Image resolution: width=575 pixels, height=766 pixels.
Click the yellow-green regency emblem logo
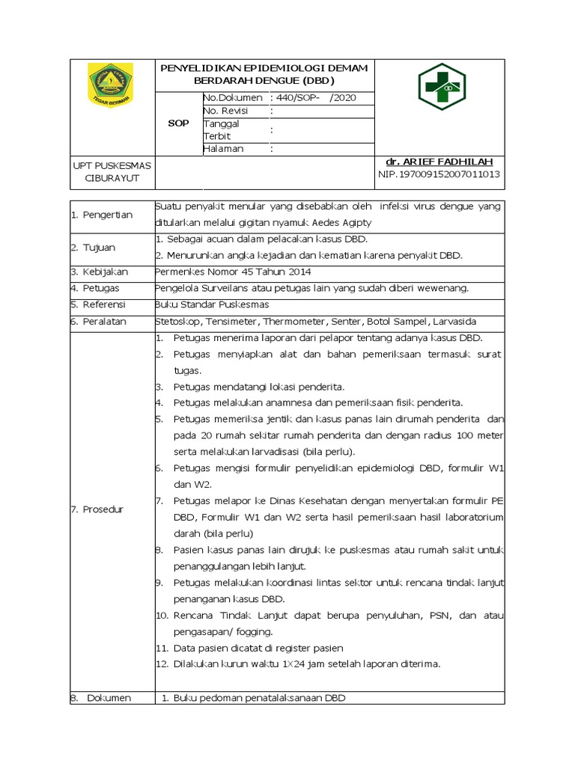[x=110, y=85]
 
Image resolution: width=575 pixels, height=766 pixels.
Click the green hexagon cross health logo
[x=441, y=88]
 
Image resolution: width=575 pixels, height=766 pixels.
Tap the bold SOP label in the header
[x=178, y=123]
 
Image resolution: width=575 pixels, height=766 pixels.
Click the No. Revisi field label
[x=225, y=111]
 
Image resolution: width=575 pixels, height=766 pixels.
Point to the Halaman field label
[x=224, y=149]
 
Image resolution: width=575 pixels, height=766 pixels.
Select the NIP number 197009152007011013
[x=439, y=174]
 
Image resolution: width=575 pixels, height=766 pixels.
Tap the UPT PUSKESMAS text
[x=112, y=165]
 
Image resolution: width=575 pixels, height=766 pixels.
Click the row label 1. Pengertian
[x=102, y=215]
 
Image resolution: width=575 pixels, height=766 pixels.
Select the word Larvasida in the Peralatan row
[x=454, y=321]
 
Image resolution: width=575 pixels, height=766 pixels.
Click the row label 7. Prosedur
[x=97, y=509]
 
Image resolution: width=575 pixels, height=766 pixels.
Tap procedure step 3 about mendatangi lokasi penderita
[x=258, y=387]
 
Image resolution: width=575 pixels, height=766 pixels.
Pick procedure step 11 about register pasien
[x=258, y=648]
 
